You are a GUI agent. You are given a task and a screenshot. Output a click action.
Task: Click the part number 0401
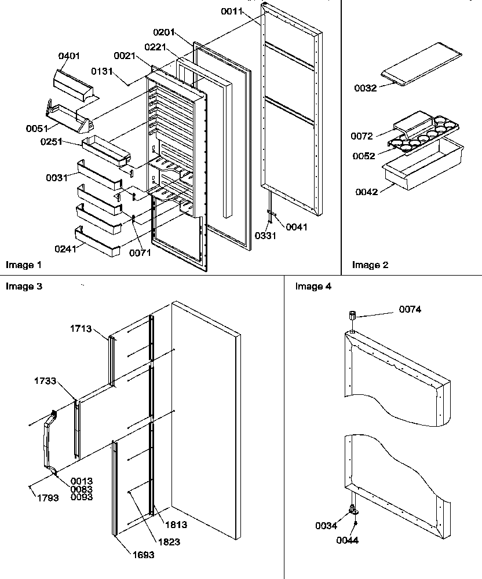coord(69,56)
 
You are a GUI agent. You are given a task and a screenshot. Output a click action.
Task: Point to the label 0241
coord(65,250)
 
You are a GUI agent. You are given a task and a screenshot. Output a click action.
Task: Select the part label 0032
coord(366,88)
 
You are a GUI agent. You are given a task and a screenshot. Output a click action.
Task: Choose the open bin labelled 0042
coord(423,168)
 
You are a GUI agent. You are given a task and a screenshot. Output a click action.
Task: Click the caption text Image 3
coord(23,285)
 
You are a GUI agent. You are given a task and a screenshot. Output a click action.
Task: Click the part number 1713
coord(81,329)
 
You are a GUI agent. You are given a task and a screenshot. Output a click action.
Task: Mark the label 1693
coord(142,554)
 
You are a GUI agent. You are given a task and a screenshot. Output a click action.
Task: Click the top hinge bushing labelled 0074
coord(352,316)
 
